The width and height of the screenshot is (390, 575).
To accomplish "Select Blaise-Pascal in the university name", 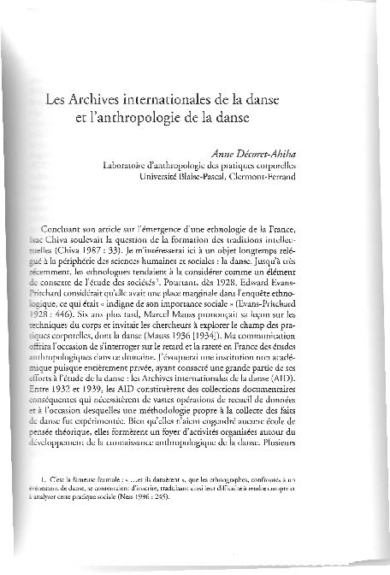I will click(196, 178).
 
